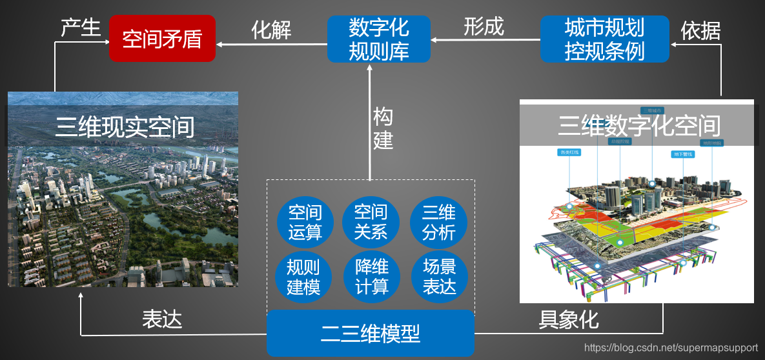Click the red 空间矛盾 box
point(162,39)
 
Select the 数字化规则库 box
point(379,39)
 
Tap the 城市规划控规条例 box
point(604,39)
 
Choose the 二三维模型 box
point(371,334)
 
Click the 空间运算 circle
point(305,222)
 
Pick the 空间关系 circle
point(371,222)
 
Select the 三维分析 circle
point(438,222)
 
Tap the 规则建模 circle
point(303,277)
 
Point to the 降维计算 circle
point(372,277)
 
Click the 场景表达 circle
point(439,277)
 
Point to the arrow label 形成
point(484,26)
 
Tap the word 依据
point(700,30)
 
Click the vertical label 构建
point(383,129)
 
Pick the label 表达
point(162,319)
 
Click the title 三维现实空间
point(125,126)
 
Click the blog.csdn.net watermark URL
point(671,348)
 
